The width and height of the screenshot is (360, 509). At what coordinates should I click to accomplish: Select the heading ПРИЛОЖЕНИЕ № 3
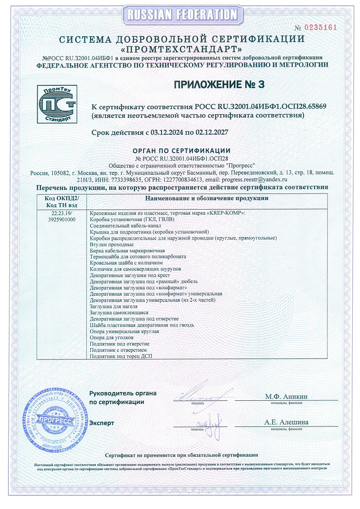(x=219, y=84)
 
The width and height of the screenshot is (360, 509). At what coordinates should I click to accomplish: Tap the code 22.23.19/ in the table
(x=62, y=213)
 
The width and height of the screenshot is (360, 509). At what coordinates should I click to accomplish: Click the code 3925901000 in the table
(x=62, y=220)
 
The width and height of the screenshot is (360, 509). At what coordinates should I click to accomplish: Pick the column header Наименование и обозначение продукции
(x=206, y=199)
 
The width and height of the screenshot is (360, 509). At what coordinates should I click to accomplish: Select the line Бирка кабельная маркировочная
(x=127, y=251)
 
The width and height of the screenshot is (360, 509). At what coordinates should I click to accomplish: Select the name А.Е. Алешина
(x=286, y=422)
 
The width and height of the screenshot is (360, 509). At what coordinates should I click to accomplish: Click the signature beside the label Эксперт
(x=210, y=421)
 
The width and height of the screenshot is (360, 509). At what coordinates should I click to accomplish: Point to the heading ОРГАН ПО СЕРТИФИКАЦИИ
(x=181, y=151)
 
